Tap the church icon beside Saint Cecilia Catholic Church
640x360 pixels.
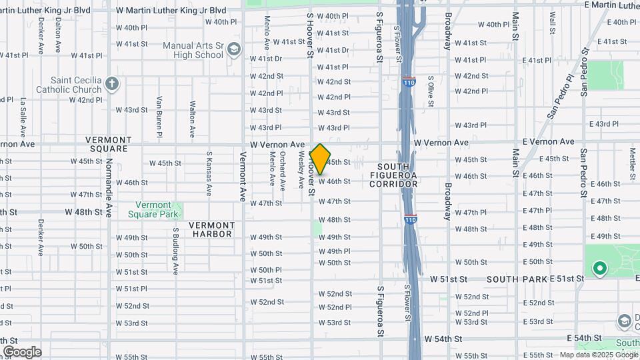point(112,85)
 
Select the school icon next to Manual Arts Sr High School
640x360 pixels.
point(233,49)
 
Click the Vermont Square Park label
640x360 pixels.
point(157,209)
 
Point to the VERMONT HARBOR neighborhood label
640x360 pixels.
point(211,229)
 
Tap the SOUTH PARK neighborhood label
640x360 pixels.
point(517,279)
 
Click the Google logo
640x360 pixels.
point(22,352)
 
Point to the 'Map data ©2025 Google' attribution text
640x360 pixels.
point(598,355)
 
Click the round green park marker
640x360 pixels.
point(599,269)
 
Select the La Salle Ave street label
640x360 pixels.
point(23,117)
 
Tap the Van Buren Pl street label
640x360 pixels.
point(159,117)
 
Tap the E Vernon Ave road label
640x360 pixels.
point(549,142)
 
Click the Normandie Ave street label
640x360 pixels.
point(108,183)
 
